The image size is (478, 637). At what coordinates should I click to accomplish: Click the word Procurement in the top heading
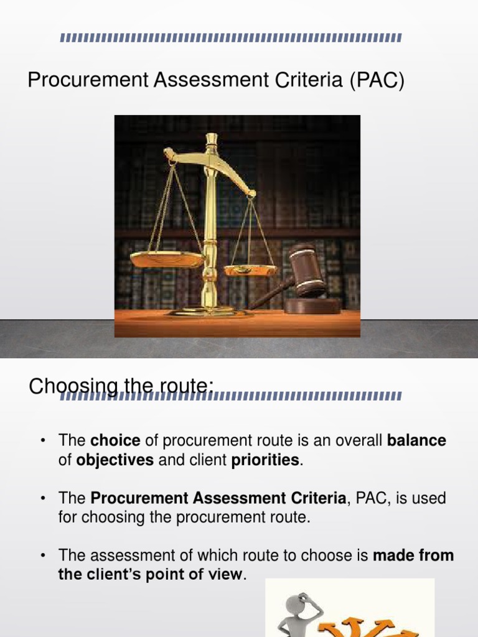pos(77,81)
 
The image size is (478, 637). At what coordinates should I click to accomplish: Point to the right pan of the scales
pos(251,270)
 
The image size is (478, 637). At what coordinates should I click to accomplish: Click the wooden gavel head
pos(306,269)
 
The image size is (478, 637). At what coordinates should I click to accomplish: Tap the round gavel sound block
pos(312,305)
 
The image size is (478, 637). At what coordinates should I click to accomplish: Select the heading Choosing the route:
pos(121,388)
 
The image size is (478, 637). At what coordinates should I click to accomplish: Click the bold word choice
pos(115,441)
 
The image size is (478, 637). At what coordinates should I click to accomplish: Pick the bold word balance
pos(416,441)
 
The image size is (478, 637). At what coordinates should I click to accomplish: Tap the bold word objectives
pos(115,461)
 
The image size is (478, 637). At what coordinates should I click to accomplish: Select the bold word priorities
pos(266,461)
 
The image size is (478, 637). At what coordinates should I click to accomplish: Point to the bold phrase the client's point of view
pos(149,575)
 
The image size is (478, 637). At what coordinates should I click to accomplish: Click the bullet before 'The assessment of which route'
pos(42,555)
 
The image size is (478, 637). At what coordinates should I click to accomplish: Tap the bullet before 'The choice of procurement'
pos(42,441)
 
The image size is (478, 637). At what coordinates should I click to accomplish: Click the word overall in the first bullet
pos(357,441)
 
